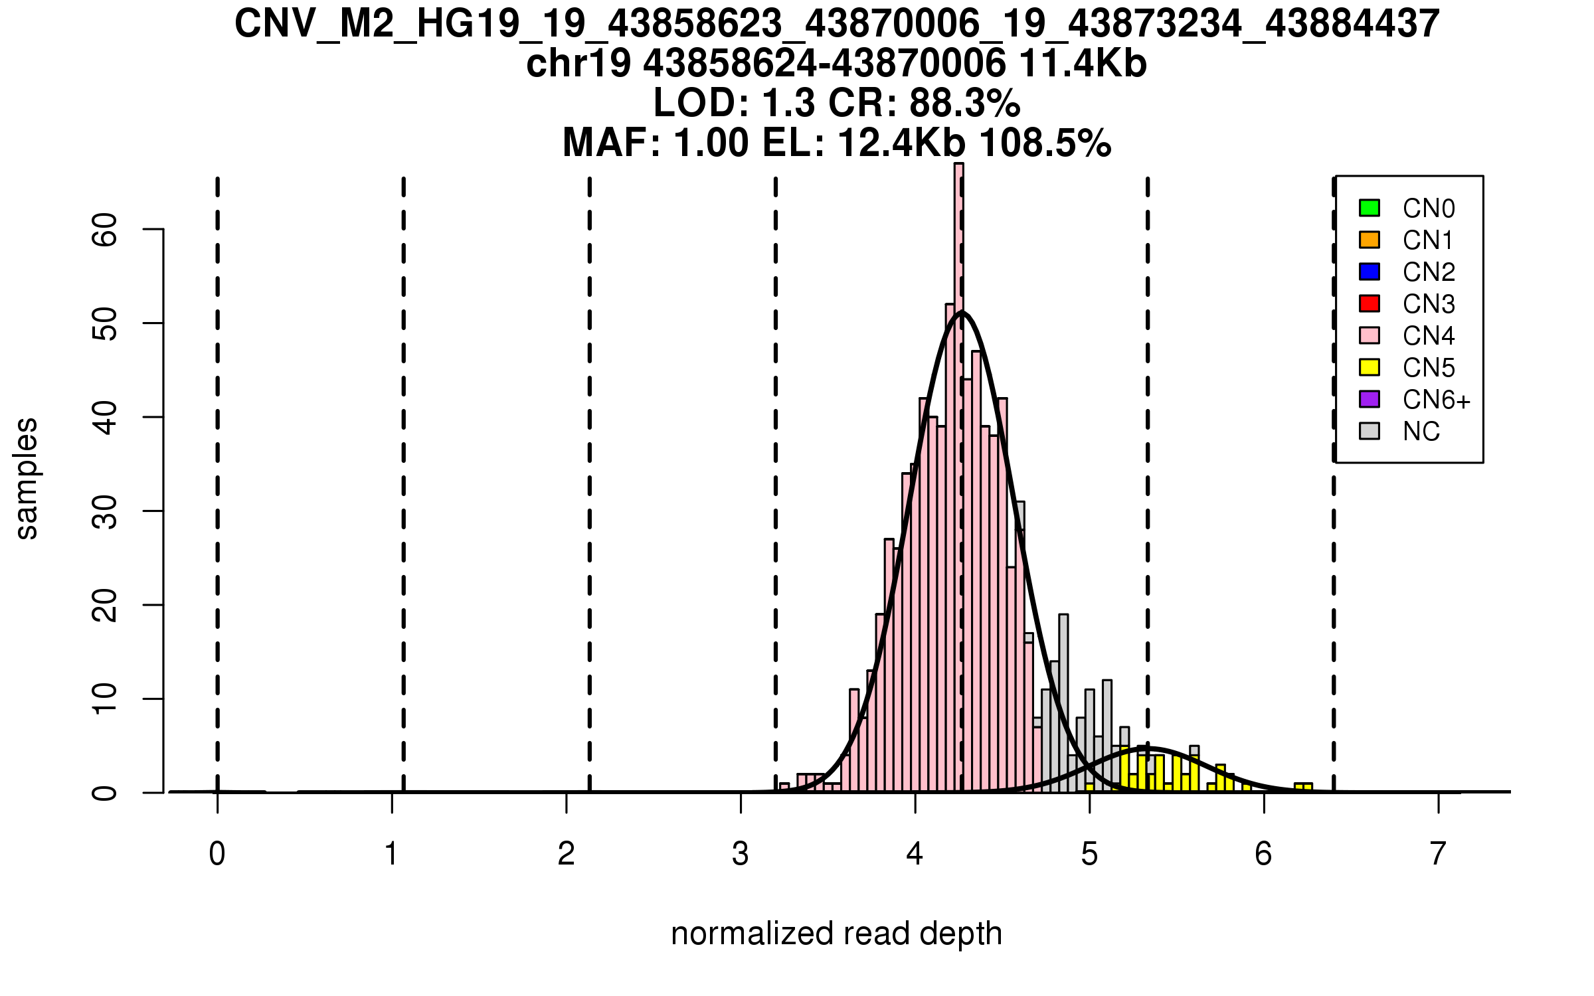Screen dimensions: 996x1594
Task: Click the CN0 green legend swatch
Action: click(1369, 208)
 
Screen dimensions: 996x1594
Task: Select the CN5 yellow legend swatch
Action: click(1369, 367)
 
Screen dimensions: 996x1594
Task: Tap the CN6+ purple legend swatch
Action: click(1369, 399)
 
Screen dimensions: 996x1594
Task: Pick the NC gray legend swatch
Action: click(1369, 431)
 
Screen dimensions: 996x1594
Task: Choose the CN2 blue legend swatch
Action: click(1369, 272)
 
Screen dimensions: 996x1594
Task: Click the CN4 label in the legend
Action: click(1428, 336)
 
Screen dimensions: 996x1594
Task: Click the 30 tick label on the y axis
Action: click(105, 511)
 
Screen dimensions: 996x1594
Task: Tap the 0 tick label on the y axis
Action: click(105, 793)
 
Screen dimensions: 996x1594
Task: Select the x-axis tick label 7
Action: click(1438, 854)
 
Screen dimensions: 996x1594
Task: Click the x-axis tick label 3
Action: click(741, 854)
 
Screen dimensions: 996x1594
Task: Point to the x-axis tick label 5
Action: click(1089, 854)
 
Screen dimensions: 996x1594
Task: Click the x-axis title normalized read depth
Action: click(836, 934)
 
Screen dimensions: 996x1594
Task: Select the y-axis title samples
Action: click(27, 478)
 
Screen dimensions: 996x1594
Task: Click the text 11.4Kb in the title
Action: click(1083, 64)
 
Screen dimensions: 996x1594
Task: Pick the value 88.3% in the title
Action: click(964, 104)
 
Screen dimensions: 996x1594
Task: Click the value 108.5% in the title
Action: click(1045, 143)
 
